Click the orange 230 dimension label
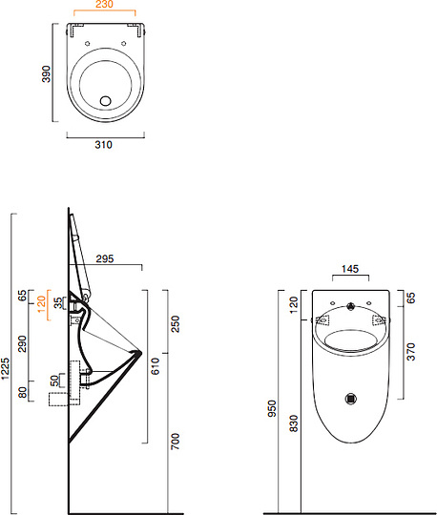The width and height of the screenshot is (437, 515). [x=104, y=4]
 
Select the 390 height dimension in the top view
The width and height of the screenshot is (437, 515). [x=47, y=73]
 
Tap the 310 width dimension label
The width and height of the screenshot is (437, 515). [x=103, y=145]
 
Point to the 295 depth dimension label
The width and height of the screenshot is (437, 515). [x=105, y=258]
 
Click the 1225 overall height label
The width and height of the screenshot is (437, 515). [x=6, y=369]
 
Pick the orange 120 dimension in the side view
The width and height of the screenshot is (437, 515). [x=41, y=304]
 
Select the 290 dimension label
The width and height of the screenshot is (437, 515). [x=22, y=343]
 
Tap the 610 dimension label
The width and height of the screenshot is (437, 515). [x=155, y=366]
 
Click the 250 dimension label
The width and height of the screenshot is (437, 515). [x=176, y=324]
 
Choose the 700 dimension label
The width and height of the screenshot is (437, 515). [x=176, y=442]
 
